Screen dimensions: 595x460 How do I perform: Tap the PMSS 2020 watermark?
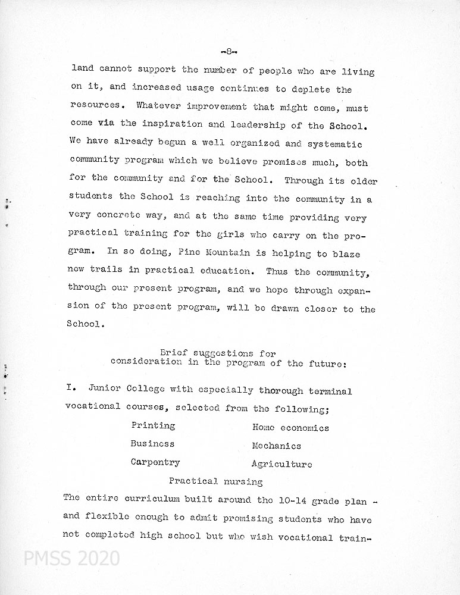[71, 559]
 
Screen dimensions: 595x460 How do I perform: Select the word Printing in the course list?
[153, 426]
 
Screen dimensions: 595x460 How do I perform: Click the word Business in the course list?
[152, 444]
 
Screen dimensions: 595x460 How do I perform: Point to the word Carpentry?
[155, 462]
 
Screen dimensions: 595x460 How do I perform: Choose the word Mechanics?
[276, 446]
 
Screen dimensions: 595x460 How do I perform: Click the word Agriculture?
[281, 464]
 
